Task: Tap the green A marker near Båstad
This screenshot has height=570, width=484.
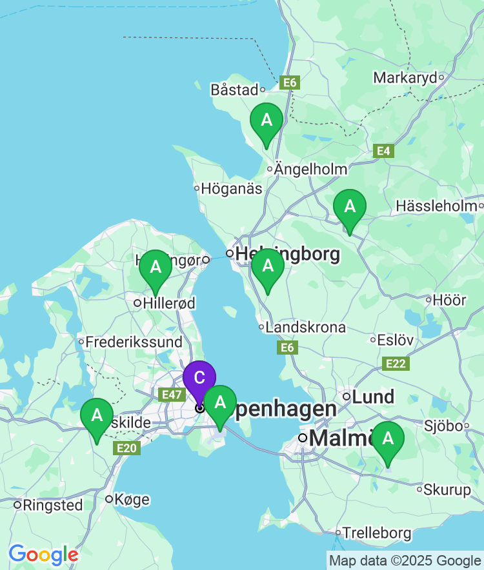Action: pyautogui.click(x=267, y=121)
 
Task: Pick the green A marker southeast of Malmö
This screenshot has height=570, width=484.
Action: pyautogui.click(x=388, y=439)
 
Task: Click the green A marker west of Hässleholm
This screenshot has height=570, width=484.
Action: pyautogui.click(x=350, y=207)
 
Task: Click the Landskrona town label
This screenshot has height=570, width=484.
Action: pyautogui.click(x=305, y=328)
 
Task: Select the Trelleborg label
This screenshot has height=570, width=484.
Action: pyautogui.click(x=377, y=533)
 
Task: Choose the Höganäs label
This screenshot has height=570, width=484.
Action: pyautogui.click(x=232, y=189)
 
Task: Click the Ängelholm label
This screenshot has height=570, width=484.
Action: pyautogui.click(x=310, y=169)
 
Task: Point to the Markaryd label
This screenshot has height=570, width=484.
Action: pyautogui.click(x=405, y=78)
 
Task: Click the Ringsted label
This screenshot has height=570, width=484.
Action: pyautogui.click(x=52, y=505)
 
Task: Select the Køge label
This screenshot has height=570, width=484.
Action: pyautogui.click(x=132, y=499)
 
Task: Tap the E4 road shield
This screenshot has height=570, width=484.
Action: pyautogui.click(x=383, y=151)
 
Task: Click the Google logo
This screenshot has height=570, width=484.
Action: pyautogui.click(x=43, y=555)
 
